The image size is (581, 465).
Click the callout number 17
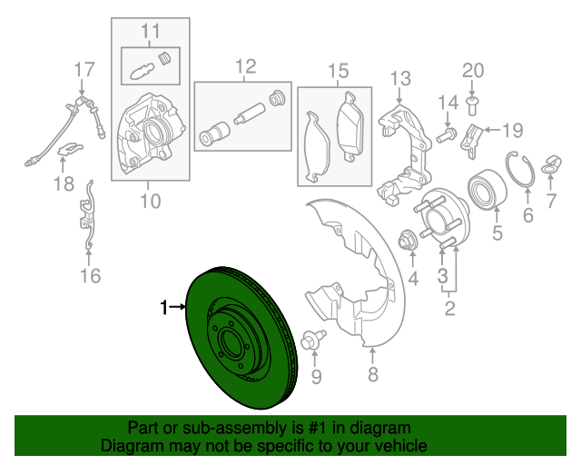[x=84, y=68]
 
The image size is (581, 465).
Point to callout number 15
[x=338, y=70]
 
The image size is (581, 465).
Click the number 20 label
[x=474, y=70]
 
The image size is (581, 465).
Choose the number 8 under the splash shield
[x=372, y=375]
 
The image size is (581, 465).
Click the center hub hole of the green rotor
[x=232, y=344]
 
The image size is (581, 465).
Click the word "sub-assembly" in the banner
[x=205, y=428]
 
